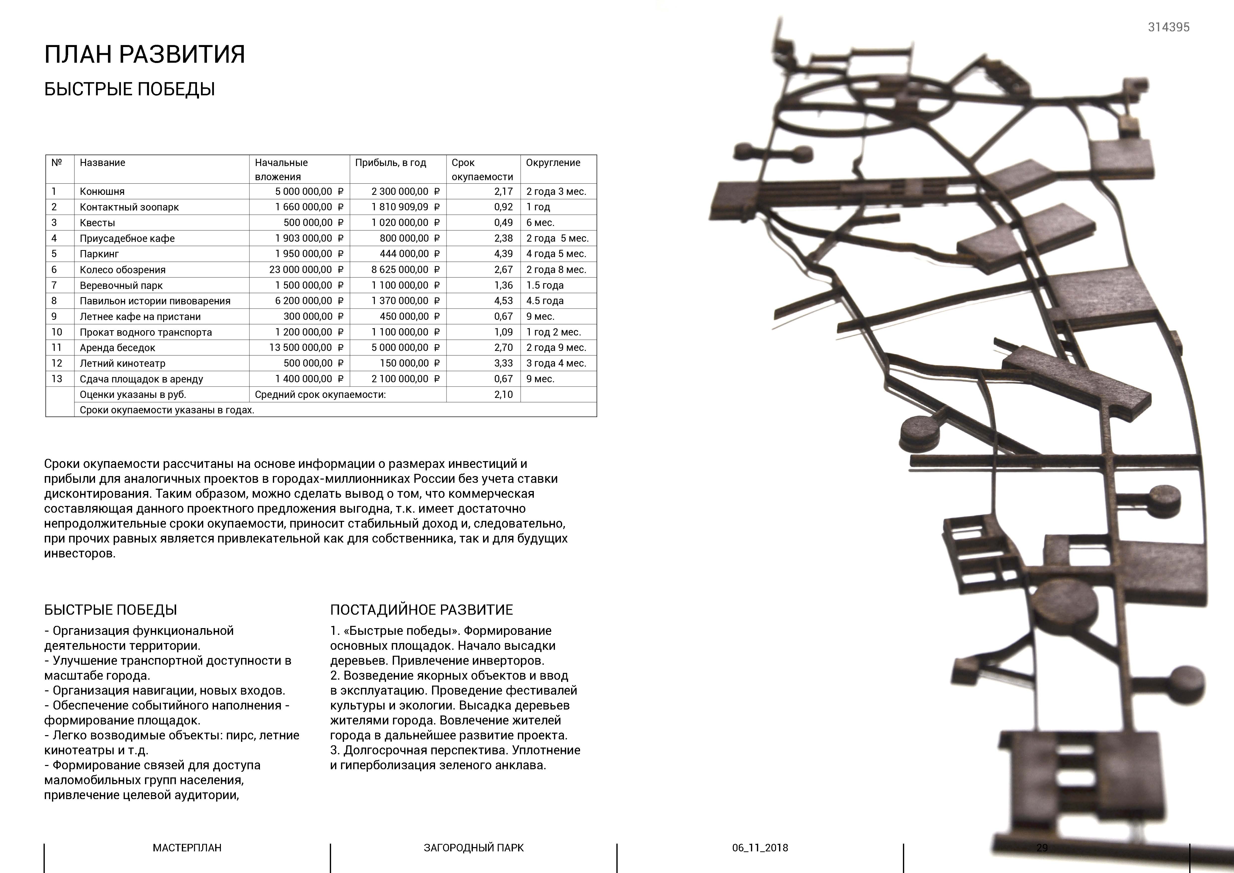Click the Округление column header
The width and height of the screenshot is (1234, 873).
[x=553, y=162]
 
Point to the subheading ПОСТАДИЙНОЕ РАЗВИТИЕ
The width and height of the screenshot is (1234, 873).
[x=421, y=610]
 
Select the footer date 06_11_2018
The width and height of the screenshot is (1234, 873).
[x=760, y=848]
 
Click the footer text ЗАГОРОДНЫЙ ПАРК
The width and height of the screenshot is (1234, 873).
[x=474, y=848]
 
